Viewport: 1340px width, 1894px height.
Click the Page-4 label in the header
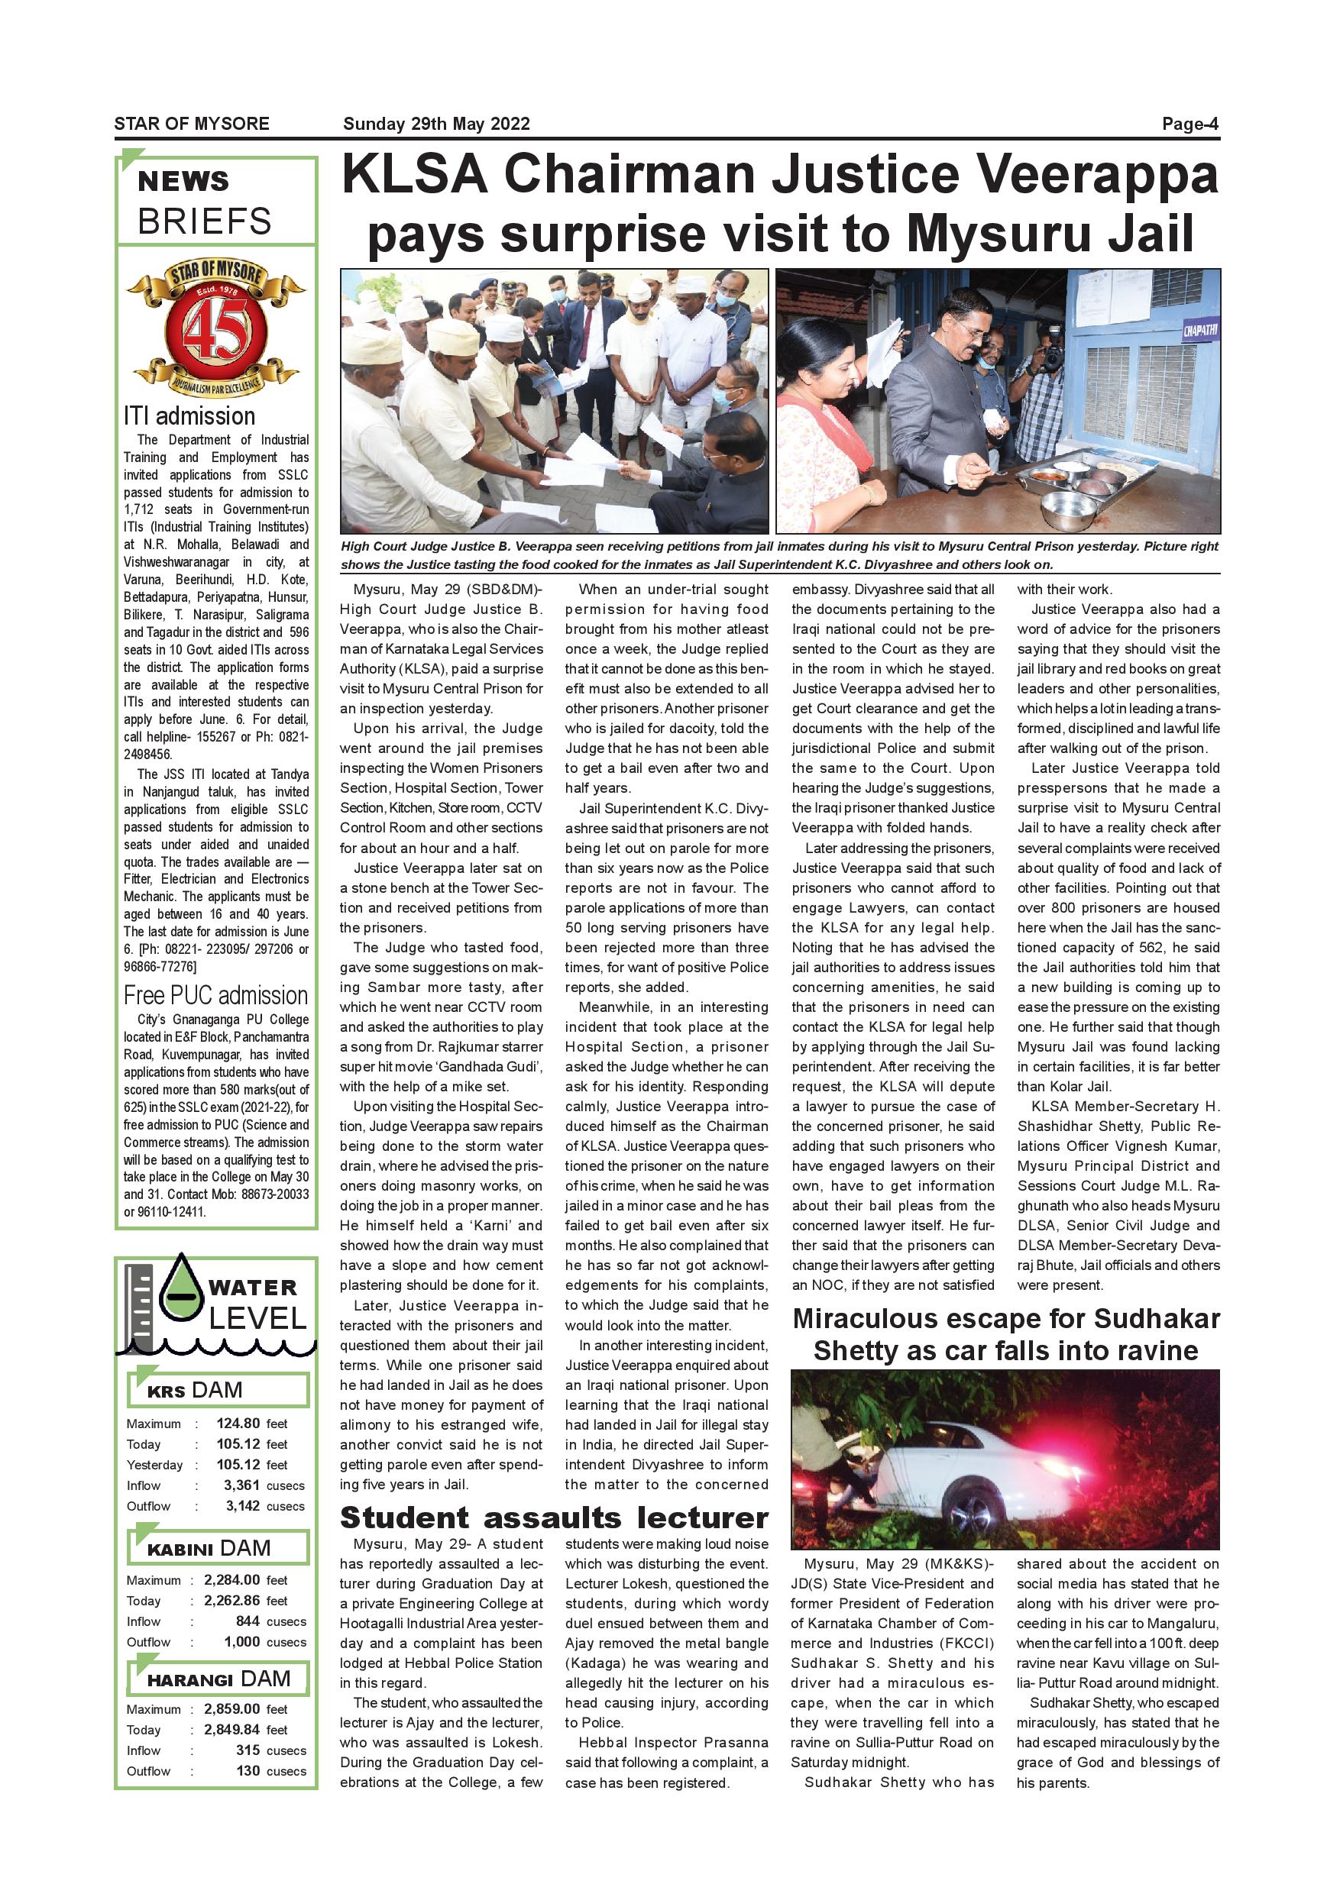pyautogui.click(x=1189, y=124)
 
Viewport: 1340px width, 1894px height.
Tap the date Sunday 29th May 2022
pyautogui.click(x=435, y=124)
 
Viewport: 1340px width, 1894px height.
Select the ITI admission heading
pyautogui.click(x=189, y=415)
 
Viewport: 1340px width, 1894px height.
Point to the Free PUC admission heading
pyautogui.click(x=215, y=995)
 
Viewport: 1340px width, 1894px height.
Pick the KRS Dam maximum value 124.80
pyautogui.click(x=238, y=1423)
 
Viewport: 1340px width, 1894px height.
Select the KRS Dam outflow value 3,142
pyautogui.click(x=243, y=1505)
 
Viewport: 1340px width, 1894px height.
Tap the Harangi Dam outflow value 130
pyautogui.click(x=248, y=1770)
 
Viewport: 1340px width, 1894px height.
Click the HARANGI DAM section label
pyautogui.click(x=218, y=1679)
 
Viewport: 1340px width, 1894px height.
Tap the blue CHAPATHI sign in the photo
pyautogui.click(x=1199, y=331)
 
